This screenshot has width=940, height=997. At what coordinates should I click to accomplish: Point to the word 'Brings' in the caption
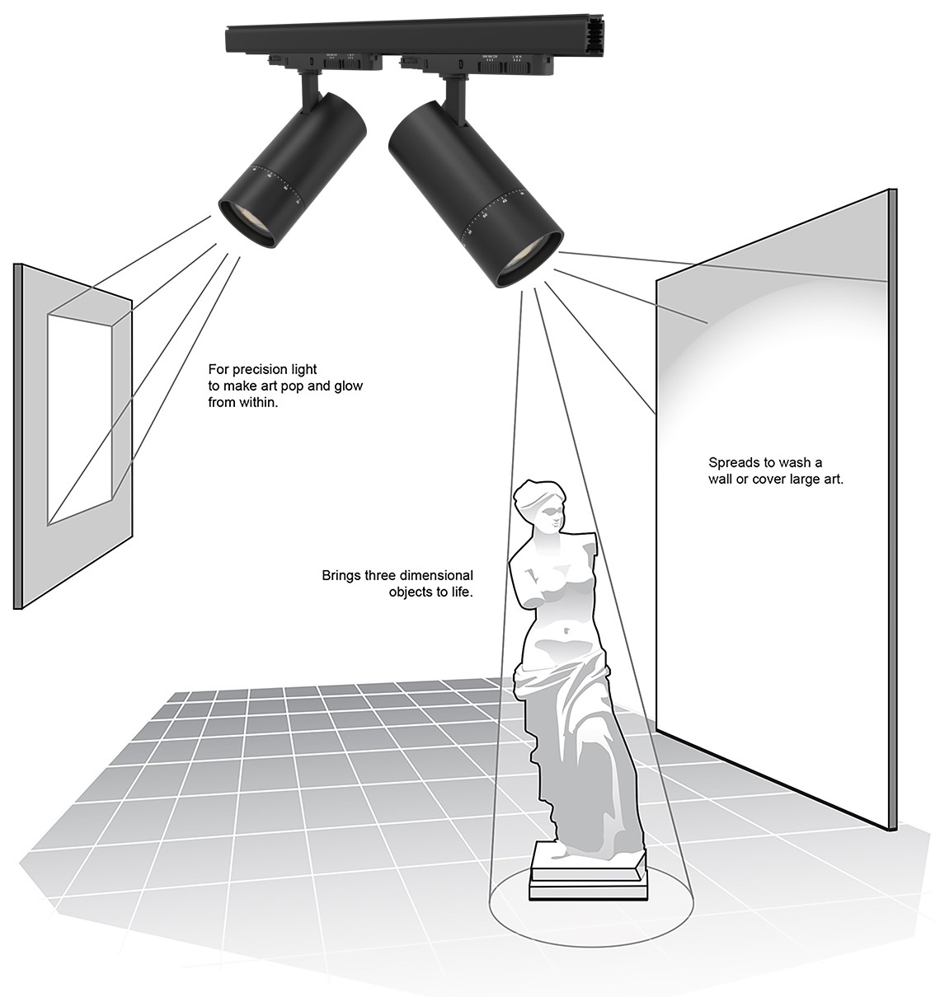coord(341,575)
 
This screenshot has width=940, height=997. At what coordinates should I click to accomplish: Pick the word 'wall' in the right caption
coord(721,479)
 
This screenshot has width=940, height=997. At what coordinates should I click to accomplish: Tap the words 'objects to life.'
coord(430,592)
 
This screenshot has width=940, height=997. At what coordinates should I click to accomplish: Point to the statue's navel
coord(567,632)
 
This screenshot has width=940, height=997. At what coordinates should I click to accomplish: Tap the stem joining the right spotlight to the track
coord(453,91)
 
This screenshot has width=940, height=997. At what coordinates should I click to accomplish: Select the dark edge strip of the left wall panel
coord(17,437)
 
